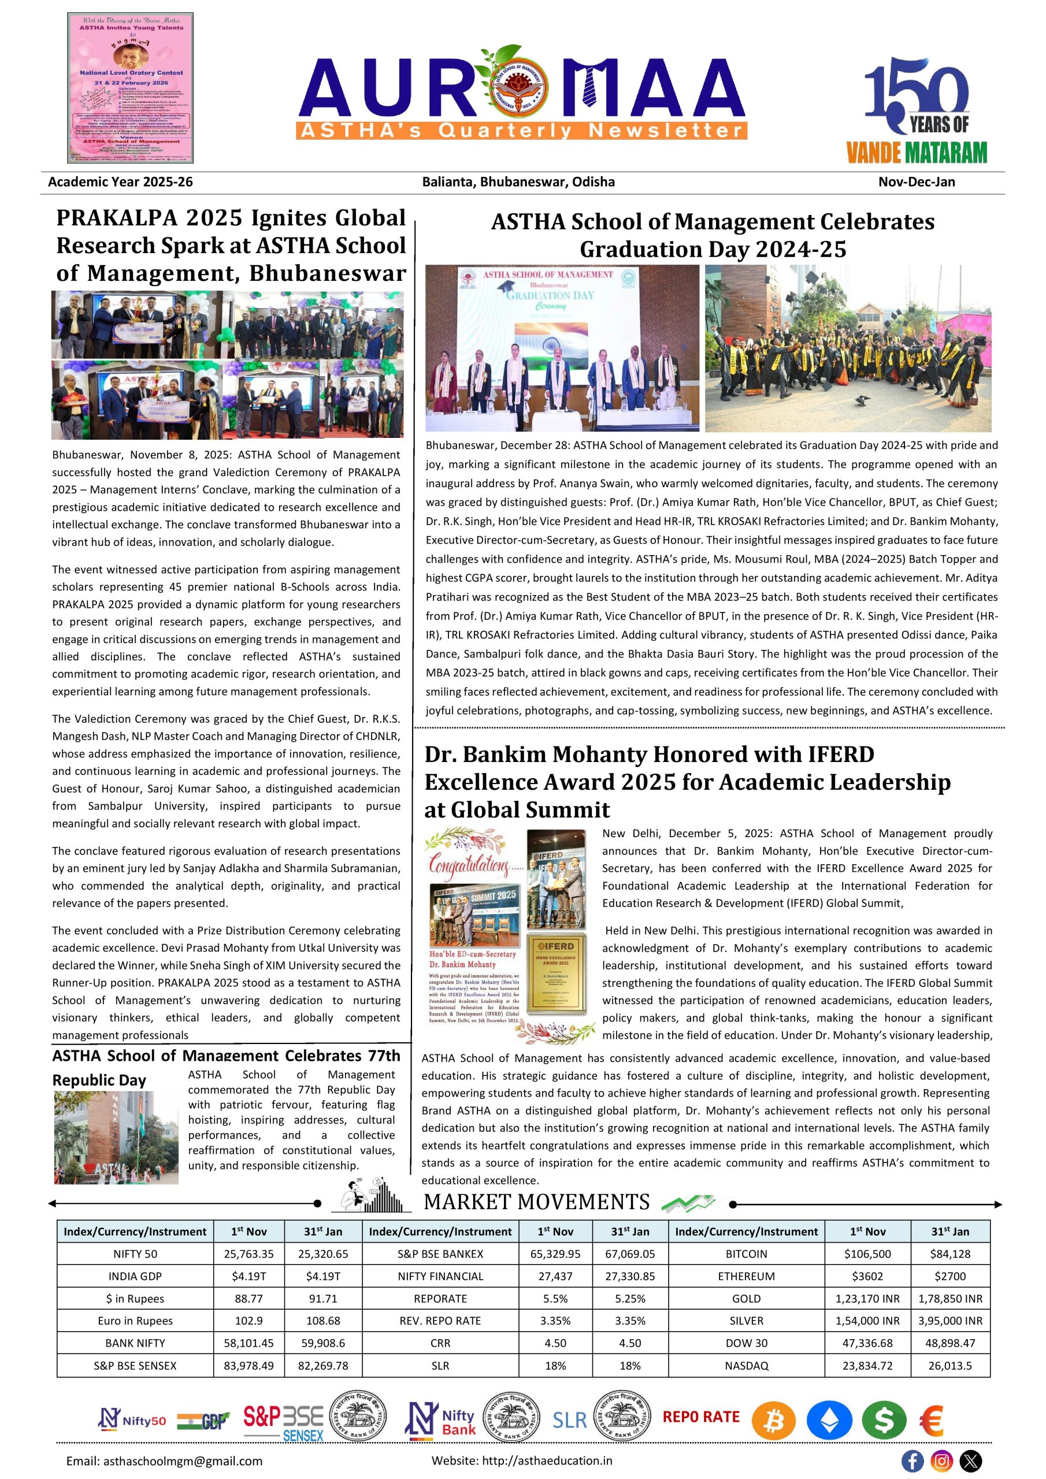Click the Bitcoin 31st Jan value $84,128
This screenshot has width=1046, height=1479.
click(x=950, y=1254)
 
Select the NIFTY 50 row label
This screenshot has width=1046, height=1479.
click(x=135, y=1254)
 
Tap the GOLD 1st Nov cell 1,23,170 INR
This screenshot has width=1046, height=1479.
click(x=867, y=1299)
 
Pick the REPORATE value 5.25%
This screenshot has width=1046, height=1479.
click(x=630, y=1299)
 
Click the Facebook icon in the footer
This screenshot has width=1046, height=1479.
click(x=912, y=1461)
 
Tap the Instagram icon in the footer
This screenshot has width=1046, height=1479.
click(x=941, y=1461)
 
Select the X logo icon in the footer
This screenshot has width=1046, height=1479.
click(x=971, y=1461)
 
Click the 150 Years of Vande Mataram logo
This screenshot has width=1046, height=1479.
click(x=916, y=110)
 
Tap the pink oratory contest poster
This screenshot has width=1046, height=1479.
click(x=130, y=88)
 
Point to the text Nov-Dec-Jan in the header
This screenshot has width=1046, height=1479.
click(x=916, y=181)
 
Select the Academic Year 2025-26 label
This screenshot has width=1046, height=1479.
click(x=121, y=181)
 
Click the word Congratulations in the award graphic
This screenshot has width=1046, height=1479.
click(x=469, y=864)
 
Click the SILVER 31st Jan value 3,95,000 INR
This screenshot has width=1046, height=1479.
click(x=950, y=1321)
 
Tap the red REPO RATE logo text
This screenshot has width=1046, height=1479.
click(x=700, y=1417)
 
